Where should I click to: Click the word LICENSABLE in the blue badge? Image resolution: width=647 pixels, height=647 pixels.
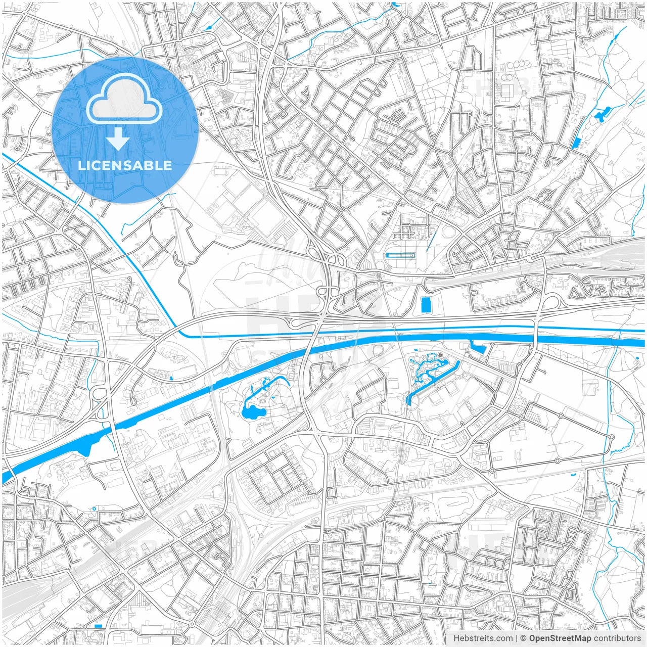pyautogui.click(x=124, y=165)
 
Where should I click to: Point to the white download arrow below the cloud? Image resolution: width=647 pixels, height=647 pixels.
pyautogui.click(x=118, y=138)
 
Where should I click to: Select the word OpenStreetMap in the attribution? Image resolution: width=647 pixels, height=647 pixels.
pyautogui.click(x=560, y=638)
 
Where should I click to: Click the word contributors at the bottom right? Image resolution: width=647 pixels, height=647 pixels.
pyautogui.click(x=617, y=638)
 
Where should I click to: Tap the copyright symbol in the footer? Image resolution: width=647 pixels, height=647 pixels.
pyautogui.click(x=524, y=638)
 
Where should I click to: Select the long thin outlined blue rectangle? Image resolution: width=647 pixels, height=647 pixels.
pyautogui.click(x=400, y=256)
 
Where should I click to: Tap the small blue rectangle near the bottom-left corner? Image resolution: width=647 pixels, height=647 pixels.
pyautogui.click(x=98, y=626)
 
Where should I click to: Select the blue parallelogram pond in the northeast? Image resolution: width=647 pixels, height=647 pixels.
pyautogui.click(x=576, y=143)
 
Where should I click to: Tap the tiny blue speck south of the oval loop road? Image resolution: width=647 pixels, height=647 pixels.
pyautogui.click(x=573, y=475)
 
